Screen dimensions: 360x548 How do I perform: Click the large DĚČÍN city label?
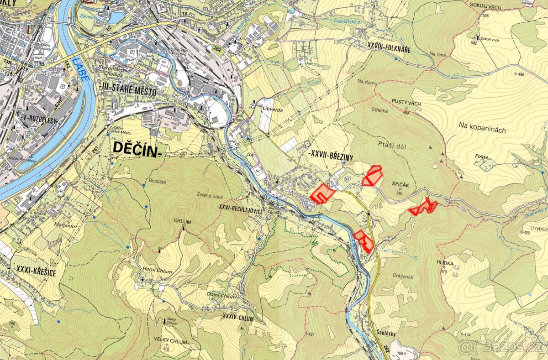(x=136, y=149)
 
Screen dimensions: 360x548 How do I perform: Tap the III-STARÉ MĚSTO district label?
(x=127, y=92)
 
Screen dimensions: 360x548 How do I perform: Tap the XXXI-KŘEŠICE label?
(x=34, y=272)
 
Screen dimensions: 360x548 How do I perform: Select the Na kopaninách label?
(x=483, y=130)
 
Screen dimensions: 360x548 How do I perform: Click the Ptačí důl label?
(x=392, y=146)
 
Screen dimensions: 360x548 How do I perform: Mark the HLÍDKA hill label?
(x=445, y=264)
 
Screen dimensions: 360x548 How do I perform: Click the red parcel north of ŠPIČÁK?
(x=373, y=176)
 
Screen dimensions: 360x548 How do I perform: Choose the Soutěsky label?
(x=386, y=333)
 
